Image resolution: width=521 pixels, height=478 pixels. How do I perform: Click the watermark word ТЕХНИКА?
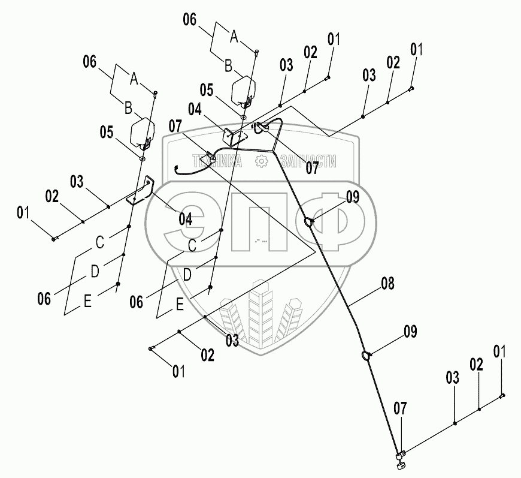point(217,161)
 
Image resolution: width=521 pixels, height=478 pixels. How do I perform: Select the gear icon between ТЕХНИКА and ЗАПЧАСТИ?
point(260,161)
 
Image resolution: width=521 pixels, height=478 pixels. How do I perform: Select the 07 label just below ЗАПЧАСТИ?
point(313,169)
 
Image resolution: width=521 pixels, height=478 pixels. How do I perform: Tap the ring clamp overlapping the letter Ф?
point(309,223)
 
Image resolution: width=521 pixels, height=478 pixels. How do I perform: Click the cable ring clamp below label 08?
point(366,357)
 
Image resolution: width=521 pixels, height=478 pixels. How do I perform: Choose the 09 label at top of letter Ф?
point(352,197)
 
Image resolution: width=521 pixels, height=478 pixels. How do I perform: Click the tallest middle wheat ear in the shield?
point(260,312)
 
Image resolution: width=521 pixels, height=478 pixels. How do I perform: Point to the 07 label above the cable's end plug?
point(400,409)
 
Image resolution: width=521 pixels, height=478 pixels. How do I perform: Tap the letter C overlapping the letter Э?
point(192,245)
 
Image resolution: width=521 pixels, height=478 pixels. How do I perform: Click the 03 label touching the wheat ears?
point(232,340)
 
